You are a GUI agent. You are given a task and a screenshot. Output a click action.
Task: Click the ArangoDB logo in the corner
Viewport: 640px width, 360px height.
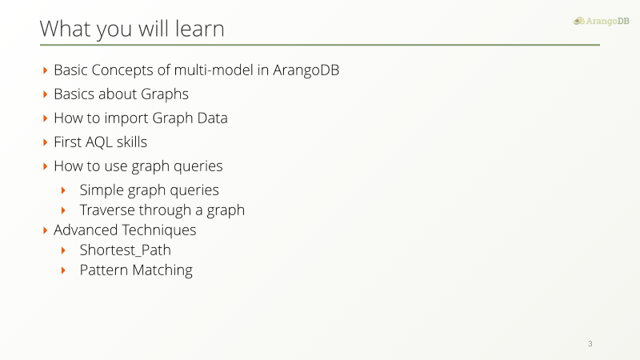point(602,21)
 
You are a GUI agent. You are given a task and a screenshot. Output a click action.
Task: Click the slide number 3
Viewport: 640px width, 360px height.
point(590,344)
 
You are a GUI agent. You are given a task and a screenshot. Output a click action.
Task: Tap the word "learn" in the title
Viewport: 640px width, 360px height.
point(199,29)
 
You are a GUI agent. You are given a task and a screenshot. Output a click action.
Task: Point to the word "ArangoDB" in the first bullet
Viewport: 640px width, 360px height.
point(306,70)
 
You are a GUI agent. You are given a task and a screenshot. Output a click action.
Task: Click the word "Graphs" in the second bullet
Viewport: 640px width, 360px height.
point(165,94)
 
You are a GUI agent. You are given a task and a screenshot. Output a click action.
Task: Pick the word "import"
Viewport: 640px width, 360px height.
point(126,118)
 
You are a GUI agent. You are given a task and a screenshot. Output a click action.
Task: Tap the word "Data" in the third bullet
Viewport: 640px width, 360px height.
point(212,118)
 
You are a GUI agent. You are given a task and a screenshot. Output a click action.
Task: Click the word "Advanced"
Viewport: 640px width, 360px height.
point(86,230)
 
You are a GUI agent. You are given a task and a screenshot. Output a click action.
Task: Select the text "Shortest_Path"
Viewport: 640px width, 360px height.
point(126,250)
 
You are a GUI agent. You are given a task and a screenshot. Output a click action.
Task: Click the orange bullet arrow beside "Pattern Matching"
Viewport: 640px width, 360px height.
point(63,270)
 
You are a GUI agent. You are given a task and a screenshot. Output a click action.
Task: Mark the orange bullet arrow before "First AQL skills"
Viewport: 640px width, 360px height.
point(46,142)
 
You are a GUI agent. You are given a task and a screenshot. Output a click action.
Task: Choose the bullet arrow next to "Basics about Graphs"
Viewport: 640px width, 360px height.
point(46,94)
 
